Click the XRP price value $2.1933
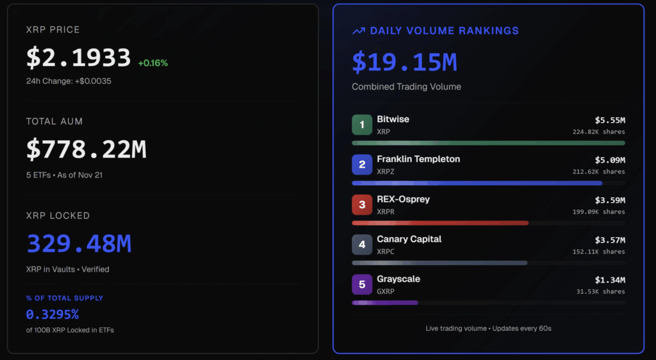(x=78, y=58)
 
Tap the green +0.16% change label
(x=152, y=63)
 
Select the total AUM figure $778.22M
(x=86, y=149)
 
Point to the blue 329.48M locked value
(x=79, y=244)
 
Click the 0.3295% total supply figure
(x=53, y=315)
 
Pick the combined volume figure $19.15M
(x=404, y=62)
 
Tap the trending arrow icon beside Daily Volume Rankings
(x=359, y=31)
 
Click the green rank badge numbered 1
(x=362, y=125)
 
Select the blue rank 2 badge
(x=362, y=165)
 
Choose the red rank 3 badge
(x=362, y=205)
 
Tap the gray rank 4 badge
(x=362, y=245)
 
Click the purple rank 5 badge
(x=362, y=284)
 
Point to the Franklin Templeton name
(x=418, y=159)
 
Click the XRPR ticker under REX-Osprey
(x=386, y=211)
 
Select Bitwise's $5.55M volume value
(x=610, y=120)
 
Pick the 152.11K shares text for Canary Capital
(x=598, y=252)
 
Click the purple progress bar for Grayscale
(x=385, y=302)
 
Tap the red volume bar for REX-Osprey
(x=440, y=223)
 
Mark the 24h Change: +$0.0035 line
(x=69, y=81)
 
